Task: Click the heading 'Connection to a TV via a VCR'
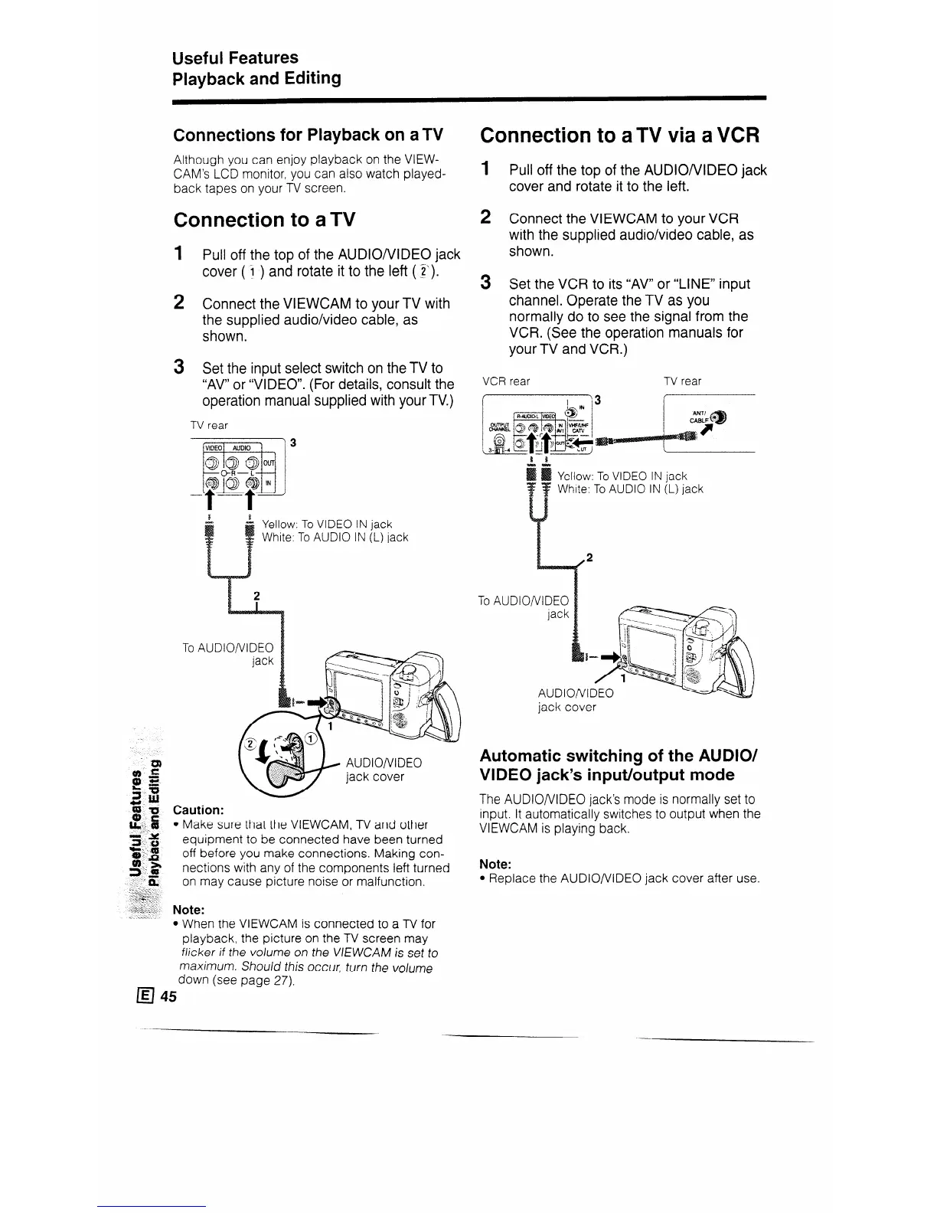click(619, 136)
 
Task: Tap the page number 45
click(168, 996)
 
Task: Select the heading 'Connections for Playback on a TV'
click(309, 136)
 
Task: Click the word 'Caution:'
click(199, 809)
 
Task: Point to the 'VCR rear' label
click(505, 381)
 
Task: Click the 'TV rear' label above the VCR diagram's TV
click(682, 381)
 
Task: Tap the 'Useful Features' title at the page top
click(235, 58)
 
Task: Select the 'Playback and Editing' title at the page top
click(256, 79)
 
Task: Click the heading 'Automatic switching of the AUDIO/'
click(619, 755)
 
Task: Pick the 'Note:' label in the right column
click(495, 864)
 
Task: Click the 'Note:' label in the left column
click(188, 910)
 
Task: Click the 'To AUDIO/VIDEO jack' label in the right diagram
click(524, 607)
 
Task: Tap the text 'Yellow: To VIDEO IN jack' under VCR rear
click(622, 476)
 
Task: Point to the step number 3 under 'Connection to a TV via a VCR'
click(485, 283)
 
